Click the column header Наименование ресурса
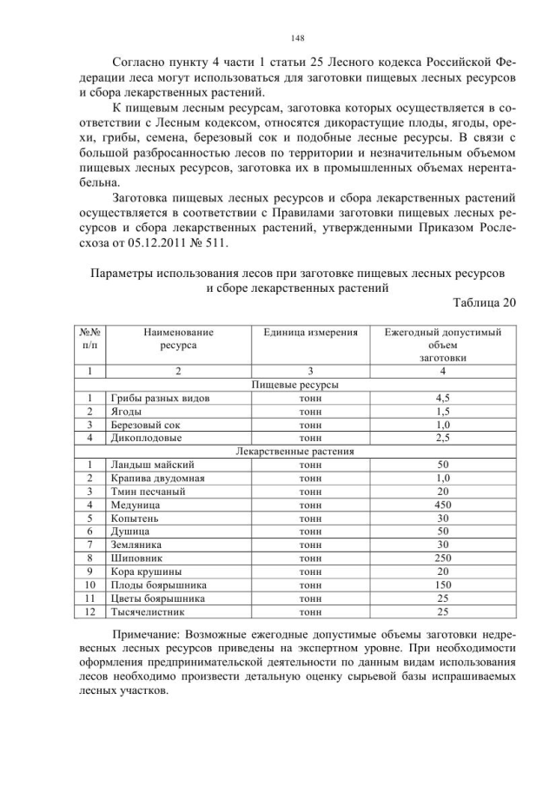[178, 338]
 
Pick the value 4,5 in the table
[443, 398]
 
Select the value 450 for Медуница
[443, 505]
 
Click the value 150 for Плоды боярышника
[443, 585]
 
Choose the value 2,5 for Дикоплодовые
[443, 439]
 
